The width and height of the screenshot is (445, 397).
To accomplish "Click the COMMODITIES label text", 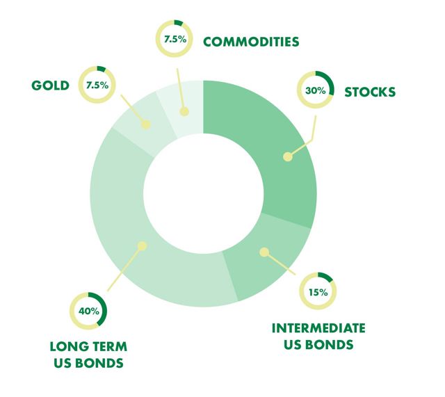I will click(250, 42).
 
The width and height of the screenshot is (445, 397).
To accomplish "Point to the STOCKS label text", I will click(370, 91).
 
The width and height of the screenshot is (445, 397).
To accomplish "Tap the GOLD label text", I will click(50, 86).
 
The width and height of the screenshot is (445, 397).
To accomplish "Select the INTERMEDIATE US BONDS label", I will click(318, 336).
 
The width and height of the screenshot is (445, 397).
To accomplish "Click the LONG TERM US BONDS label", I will click(88, 354).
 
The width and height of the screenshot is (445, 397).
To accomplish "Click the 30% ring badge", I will click(316, 90).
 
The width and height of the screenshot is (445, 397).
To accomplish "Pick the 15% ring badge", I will click(318, 291).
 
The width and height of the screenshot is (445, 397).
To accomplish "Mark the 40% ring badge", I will click(88, 311).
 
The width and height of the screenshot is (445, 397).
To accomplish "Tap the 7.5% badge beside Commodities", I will click(175, 39).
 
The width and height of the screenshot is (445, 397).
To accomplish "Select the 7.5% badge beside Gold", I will click(97, 85).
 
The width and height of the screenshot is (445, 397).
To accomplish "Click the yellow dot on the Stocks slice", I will click(286, 157).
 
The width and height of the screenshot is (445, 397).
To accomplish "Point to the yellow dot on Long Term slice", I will click(142, 245).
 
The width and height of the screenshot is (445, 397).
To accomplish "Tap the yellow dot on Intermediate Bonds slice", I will click(264, 252).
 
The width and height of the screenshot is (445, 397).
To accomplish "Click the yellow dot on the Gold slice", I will click(147, 125).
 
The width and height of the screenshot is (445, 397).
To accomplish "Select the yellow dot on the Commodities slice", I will click(184, 111).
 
